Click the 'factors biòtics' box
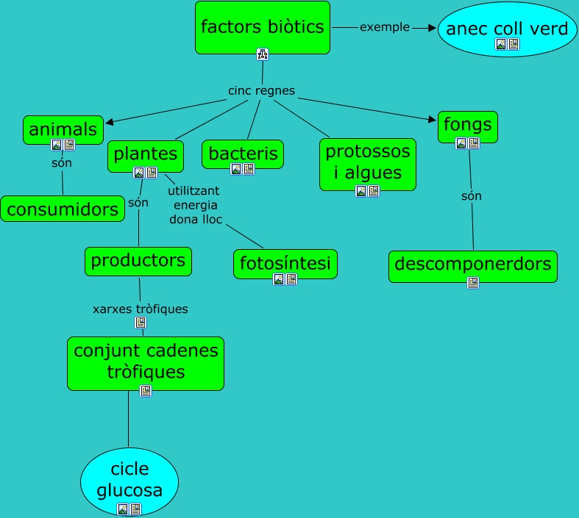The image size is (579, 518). pyautogui.click(x=262, y=28)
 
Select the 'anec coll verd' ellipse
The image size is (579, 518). pyautogui.click(x=507, y=29)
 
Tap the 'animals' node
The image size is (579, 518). pyautogui.click(x=63, y=130)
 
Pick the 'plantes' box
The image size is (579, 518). pyautogui.click(x=145, y=154)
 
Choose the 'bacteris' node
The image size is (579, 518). pyautogui.click(x=243, y=154)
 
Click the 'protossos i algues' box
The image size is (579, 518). pyautogui.click(x=368, y=162)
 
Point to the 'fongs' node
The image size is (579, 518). pyautogui.click(x=467, y=126)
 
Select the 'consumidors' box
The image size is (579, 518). pyautogui.click(x=63, y=209)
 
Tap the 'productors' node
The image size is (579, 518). pyautogui.click(x=138, y=260)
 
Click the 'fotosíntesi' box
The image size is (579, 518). pyautogui.click(x=285, y=262)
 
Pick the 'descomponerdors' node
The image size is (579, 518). pyautogui.click(x=472, y=264)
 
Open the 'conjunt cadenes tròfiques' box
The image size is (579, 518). pyautogui.click(x=145, y=361)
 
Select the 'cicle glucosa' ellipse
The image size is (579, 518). pyautogui.click(x=129, y=480)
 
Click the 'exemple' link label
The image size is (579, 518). pyautogui.click(x=384, y=27)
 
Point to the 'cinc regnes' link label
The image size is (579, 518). pyautogui.click(x=261, y=91)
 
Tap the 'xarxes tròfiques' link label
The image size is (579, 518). pyautogui.click(x=140, y=309)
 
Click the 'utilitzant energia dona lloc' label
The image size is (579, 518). pyautogui.click(x=195, y=205)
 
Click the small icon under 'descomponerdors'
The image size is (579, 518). pyautogui.click(x=473, y=282)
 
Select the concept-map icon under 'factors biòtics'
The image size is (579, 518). pyautogui.click(x=263, y=54)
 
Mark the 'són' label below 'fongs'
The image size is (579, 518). pyautogui.click(x=472, y=196)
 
